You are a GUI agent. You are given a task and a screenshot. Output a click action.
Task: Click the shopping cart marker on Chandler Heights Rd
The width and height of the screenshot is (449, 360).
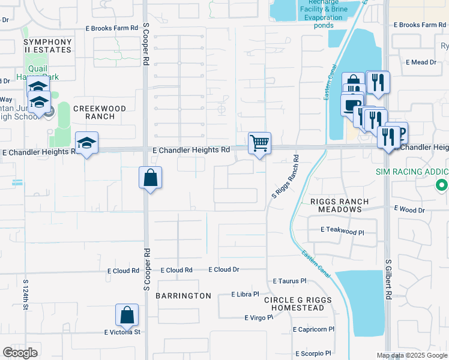point(259,143)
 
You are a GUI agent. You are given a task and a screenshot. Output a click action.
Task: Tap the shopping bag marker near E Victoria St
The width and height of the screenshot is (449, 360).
point(127,315)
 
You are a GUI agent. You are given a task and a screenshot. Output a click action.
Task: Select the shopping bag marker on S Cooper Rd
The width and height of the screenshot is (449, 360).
point(150,178)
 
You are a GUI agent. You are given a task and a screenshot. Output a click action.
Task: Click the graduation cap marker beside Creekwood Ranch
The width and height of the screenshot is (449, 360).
point(87,143)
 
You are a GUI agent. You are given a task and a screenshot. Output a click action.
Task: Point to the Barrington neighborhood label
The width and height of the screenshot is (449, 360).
point(183,296)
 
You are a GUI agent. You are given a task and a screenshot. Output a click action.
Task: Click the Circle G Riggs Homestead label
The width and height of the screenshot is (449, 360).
point(298,304)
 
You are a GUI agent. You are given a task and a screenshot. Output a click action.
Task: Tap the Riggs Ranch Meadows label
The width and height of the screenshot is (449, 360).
point(336,205)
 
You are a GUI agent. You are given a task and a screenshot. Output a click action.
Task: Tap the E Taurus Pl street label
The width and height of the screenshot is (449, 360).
point(289,280)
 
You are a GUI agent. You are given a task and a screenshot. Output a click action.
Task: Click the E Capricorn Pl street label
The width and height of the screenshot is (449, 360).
point(314,329)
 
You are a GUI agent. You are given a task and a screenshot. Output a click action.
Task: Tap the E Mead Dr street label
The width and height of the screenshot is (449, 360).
point(421,62)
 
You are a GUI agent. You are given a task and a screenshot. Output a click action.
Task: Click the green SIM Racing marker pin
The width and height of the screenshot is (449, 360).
point(442,185)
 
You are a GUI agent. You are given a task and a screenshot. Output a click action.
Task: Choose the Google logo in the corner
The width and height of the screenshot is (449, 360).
point(20,353)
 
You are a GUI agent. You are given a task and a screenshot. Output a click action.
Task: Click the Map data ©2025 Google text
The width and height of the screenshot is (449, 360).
point(411,355)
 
